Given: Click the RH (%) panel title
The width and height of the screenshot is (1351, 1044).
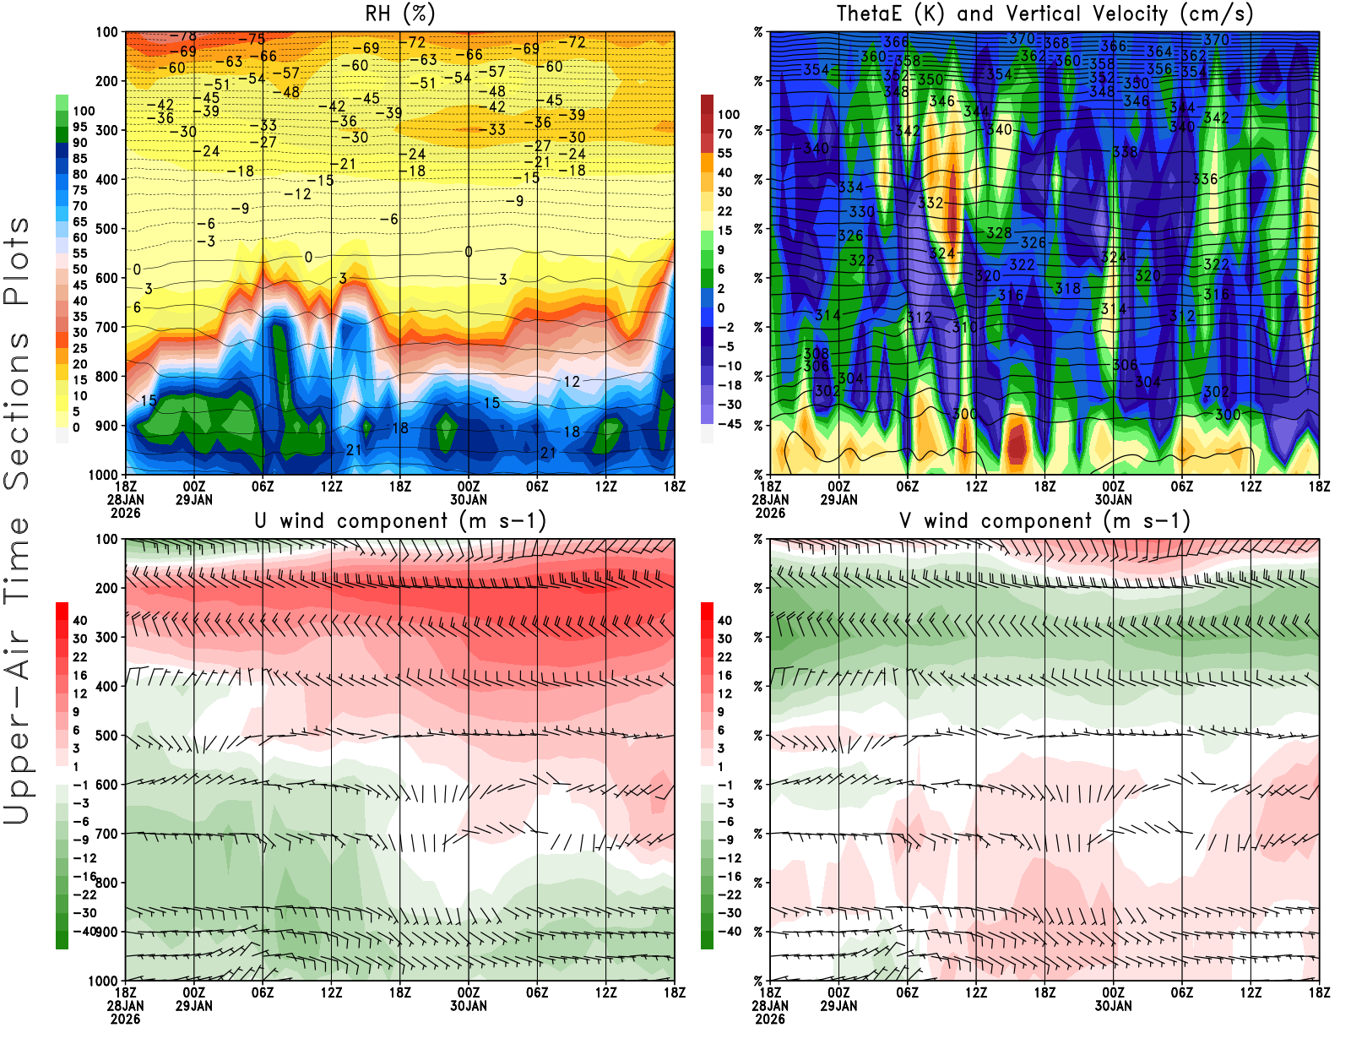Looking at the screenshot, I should (x=400, y=14).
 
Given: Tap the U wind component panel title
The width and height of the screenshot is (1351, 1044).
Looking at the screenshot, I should (x=400, y=521).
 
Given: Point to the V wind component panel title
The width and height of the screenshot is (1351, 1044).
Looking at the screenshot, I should (x=1044, y=521).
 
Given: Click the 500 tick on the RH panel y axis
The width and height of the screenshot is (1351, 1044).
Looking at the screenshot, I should (x=107, y=229).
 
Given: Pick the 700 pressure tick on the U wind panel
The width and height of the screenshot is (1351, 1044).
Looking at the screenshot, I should (x=107, y=834).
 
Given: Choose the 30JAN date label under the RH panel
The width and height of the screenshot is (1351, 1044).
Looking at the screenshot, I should (x=469, y=499).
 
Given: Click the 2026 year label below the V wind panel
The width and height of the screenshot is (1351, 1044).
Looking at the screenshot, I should (x=770, y=1019).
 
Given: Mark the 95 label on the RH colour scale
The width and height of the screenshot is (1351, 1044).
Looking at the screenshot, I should (x=80, y=127).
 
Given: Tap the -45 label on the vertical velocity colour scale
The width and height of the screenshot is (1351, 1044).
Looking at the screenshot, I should (x=730, y=424).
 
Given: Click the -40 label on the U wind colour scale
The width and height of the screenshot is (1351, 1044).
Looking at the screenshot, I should (x=84, y=932).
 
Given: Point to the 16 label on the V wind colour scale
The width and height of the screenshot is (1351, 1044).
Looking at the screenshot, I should (x=724, y=676).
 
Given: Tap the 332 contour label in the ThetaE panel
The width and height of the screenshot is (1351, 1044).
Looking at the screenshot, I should (x=931, y=203).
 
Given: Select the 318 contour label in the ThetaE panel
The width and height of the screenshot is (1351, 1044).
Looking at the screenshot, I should (x=1067, y=289).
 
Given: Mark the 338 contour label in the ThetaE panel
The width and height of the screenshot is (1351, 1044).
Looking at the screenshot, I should (x=1125, y=153).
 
